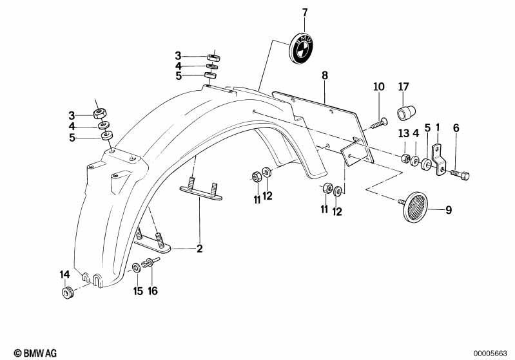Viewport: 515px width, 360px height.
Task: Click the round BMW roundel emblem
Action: point(302,48)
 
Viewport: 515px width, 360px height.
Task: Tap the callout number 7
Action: point(305,13)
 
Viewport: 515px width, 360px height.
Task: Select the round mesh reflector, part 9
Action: point(415,207)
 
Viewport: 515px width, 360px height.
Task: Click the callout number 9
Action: point(449,209)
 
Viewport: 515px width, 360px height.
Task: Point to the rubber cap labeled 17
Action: point(406,112)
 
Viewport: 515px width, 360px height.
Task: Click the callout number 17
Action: point(403,87)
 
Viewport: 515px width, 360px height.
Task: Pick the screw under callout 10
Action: point(379,124)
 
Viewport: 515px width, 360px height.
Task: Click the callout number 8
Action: point(324,75)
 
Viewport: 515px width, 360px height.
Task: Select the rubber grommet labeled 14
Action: point(68,292)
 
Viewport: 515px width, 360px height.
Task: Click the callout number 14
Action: point(64,274)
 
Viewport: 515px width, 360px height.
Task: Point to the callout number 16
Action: point(152,290)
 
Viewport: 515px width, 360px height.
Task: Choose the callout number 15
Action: point(138,290)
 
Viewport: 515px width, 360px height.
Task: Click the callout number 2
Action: point(199,249)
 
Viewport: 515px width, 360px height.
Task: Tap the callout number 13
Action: point(403,133)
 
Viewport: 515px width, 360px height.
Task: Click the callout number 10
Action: point(379,87)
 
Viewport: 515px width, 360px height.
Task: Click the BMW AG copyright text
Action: point(35,353)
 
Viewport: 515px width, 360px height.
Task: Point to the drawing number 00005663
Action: point(490,354)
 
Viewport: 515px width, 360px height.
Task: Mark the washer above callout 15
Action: point(136,267)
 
